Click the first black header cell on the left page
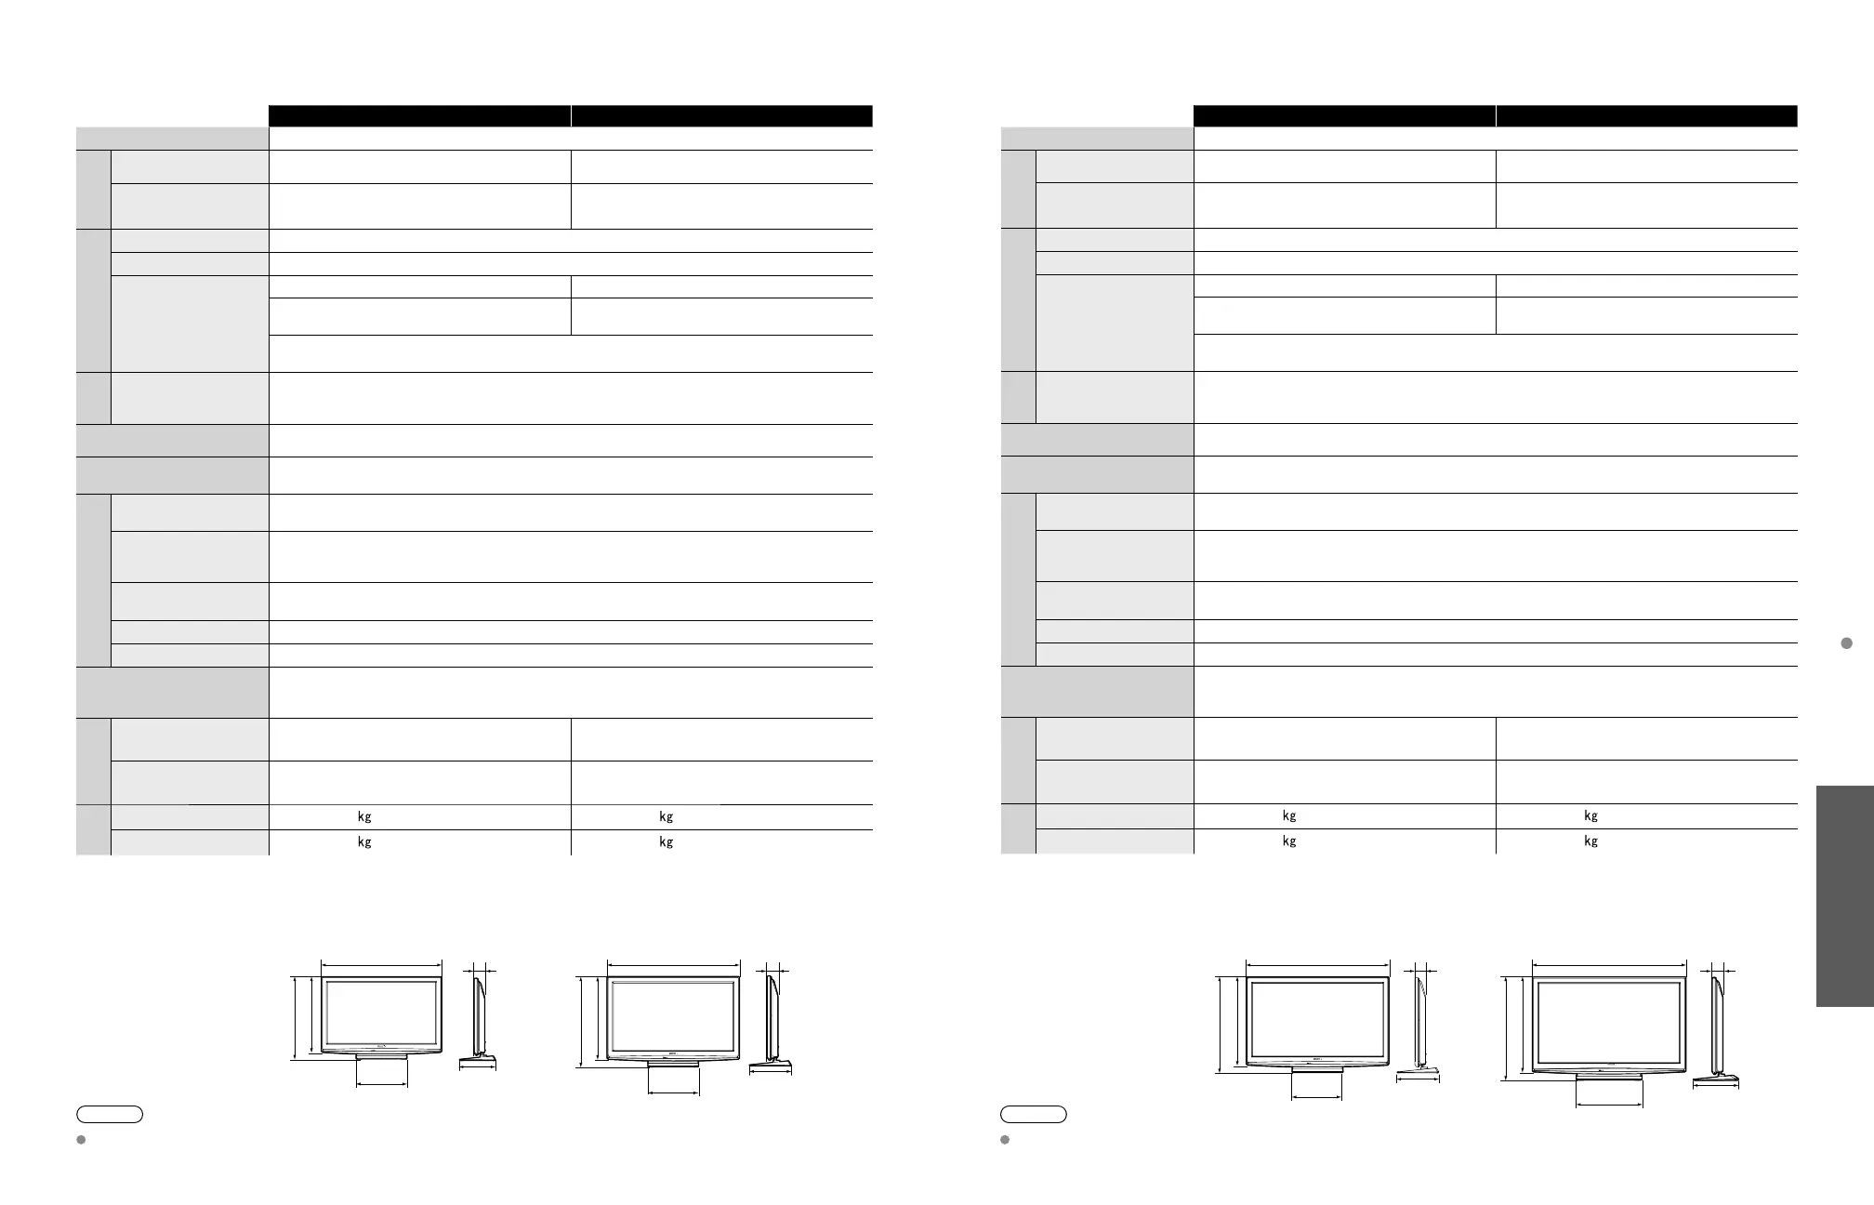pyautogui.click(x=419, y=115)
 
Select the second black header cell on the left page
pyautogui.click(x=721, y=115)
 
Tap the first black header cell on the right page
pyautogui.click(x=1344, y=115)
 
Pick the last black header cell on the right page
pyautogui.click(x=1646, y=115)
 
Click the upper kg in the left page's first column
pyautogui.click(x=364, y=817)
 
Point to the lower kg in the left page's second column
pyautogui.click(x=666, y=842)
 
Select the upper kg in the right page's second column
pyautogui.click(x=1590, y=816)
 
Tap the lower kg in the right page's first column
pyautogui.click(x=1289, y=841)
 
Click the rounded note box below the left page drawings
pyautogui.click(x=110, y=1114)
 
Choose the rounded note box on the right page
pyautogui.click(x=1034, y=1114)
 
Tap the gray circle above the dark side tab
pyautogui.click(x=1847, y=643)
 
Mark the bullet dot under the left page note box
pyautogui.click(x=81, y=1139)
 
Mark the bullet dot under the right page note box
pyautogui.click(x=1006, y=1139)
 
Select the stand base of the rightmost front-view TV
pyautogui.click(x=1609, y=1077)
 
